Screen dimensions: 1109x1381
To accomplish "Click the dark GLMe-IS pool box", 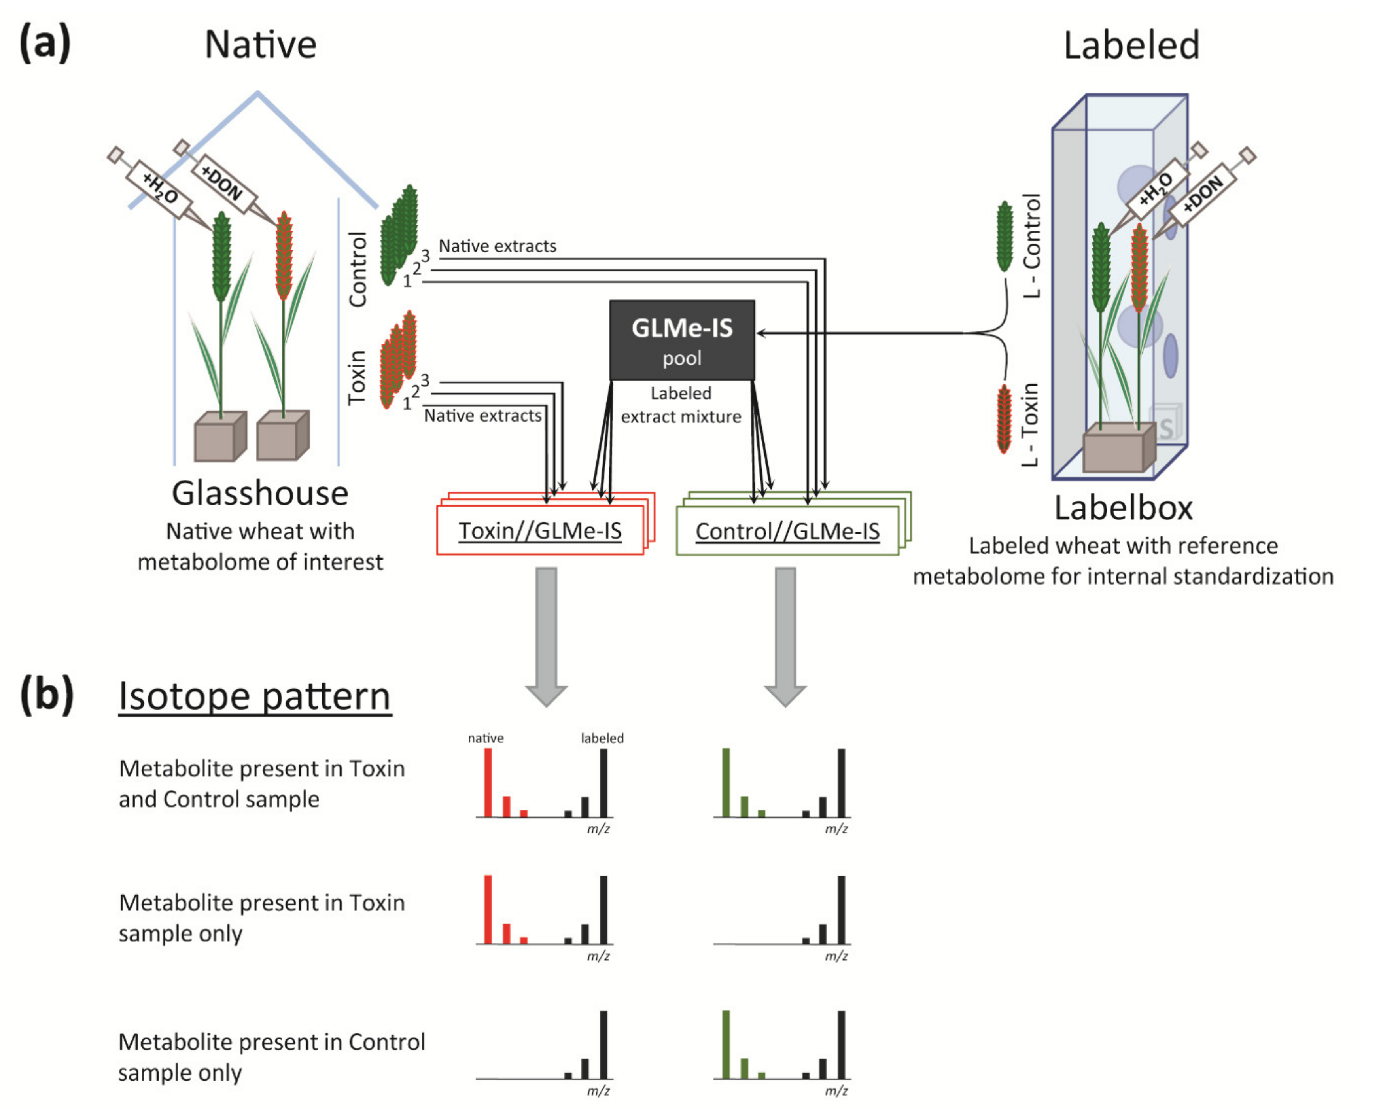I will (x=681, y=340).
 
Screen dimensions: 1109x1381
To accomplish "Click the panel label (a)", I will (x=44, y=43).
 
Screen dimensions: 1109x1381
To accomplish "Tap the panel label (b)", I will (x=46, y=695).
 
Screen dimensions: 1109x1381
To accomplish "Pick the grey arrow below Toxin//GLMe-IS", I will (x=546, y=634).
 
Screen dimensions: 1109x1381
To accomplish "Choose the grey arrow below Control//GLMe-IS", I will (x=785, y=634).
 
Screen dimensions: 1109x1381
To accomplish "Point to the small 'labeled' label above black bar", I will (x=602, y=738).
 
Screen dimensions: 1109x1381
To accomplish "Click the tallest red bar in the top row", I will (x=488, y=782).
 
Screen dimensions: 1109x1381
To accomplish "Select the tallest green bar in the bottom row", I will (x=726, y=1044).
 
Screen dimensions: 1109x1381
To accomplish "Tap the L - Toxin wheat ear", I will (x=1005, y=418).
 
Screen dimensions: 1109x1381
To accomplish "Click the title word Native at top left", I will (x=260, y=45).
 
